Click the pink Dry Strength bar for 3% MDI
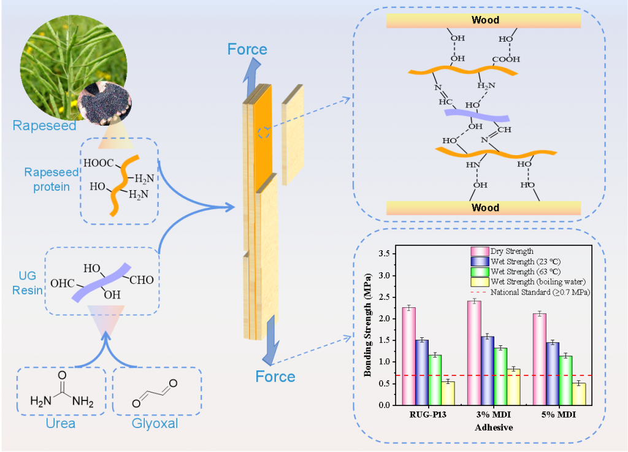click(x=474, y=353)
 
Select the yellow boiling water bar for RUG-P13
click(x=448, y=393)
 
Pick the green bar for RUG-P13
click(x=435, y=380)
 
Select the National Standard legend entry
click(x=540, y=293)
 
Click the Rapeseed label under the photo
click(x=44, y=126)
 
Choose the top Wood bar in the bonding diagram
click(x=484, y=20)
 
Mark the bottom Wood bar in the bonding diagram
click(x=484, y=207)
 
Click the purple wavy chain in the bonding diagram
click(x=477, y=115)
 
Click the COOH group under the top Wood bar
click(x=505, y=59)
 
